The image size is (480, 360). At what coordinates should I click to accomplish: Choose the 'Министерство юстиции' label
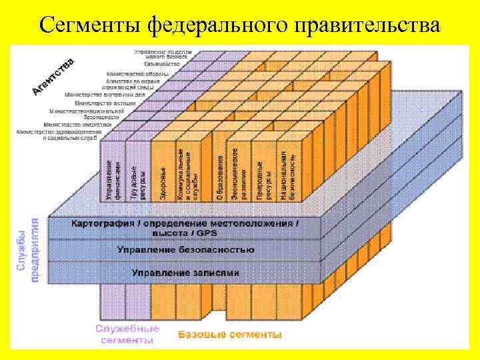click(105, 103)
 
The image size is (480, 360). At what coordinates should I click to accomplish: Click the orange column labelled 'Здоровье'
click(163, 175)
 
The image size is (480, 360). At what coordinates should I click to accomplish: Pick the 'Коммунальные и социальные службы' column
click(189, 173)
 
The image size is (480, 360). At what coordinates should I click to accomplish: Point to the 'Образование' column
click(220, 175)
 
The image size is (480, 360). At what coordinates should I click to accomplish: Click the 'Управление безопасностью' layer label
click(185, 250)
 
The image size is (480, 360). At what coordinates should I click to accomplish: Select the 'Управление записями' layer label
click(185, 273)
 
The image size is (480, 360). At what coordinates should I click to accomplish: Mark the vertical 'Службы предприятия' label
click(28, 250)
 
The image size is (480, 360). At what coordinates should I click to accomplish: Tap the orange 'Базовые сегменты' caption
click(229, 334)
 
